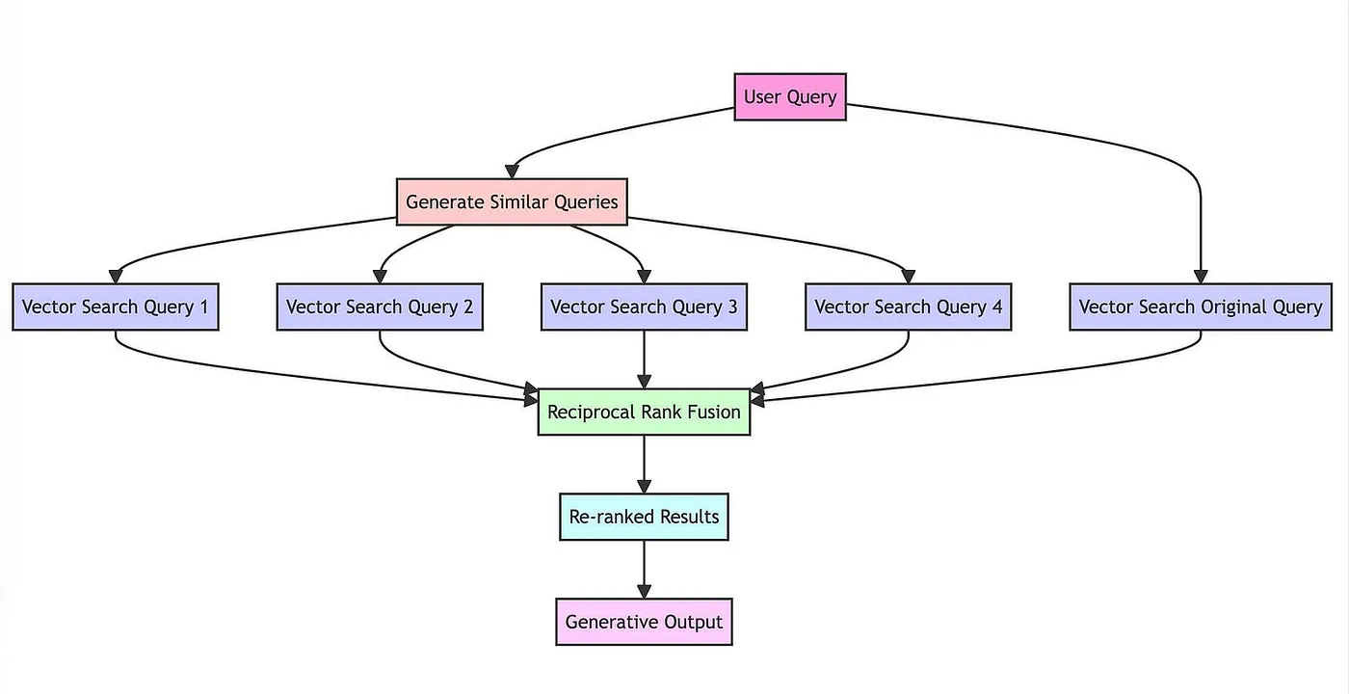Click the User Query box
[790, 97]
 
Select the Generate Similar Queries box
[512, 202]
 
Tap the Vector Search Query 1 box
[116, 307]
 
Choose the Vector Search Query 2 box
[380, 307]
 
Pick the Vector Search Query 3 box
[644, 307]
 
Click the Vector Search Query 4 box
[908, 307]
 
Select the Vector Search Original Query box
[1201, 307]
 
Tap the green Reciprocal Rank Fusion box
[644, 413]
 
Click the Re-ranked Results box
[644, 517]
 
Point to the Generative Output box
[644, 622]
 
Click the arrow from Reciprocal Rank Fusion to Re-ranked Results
[644, 463]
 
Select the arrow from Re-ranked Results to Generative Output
[644, 569]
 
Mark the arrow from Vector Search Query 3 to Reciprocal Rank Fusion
[644, 359]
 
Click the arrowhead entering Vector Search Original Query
[1201, 276]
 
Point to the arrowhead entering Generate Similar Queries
[512, 171]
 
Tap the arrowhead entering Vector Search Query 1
[116, 276]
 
